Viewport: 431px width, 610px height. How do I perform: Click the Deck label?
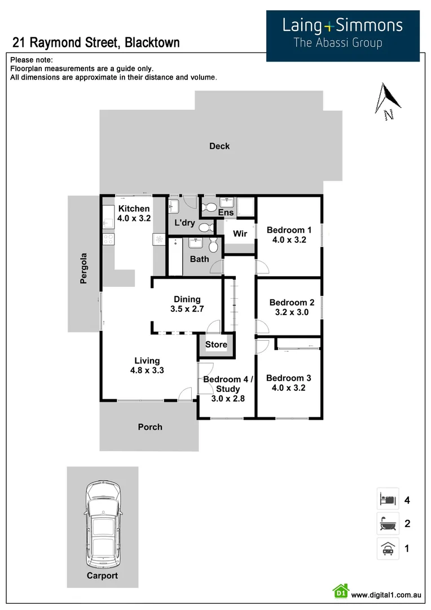219,146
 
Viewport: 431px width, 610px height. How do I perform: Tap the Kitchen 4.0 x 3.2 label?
134,213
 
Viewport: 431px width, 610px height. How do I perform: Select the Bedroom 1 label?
289,234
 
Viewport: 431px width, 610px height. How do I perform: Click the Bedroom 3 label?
288,383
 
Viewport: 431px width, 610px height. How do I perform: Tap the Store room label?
216,345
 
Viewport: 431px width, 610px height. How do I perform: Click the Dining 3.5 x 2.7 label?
187,304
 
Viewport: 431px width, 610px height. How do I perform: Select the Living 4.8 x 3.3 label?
147,365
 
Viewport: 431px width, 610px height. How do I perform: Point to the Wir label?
240,233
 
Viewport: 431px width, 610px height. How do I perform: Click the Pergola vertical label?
83,267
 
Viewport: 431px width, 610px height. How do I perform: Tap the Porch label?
150,427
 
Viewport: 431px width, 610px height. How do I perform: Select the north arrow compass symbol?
389,101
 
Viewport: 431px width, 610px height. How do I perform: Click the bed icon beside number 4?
388,499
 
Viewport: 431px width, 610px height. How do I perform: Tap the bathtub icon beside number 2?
388,524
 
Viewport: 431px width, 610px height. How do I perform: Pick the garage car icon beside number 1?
388,548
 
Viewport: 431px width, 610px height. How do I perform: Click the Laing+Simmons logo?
342,33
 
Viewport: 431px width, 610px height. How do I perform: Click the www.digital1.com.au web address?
386,595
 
